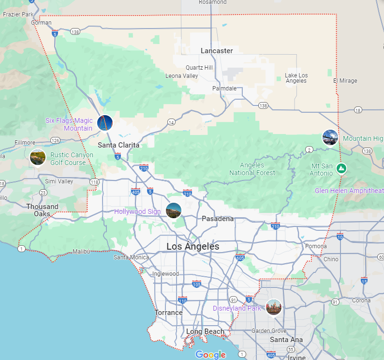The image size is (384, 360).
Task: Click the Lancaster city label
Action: [217, 51]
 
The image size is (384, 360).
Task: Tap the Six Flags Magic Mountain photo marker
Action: [104, 123]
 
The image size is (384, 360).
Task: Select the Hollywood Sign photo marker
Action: [173, 210]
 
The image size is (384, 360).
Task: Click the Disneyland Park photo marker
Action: [273, 307]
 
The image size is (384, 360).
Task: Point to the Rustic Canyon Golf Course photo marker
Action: [37, 157]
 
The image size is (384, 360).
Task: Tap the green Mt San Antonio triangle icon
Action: [341, 168]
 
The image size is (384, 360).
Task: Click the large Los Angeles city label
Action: [192, 246]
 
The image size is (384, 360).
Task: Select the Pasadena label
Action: [218, 219]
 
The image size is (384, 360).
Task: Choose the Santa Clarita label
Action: [118, 145]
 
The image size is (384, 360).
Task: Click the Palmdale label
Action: [225, 89]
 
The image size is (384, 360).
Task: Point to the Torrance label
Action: [168, 313]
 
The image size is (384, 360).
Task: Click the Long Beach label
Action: [206, 331]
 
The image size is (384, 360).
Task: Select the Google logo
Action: [211, 355]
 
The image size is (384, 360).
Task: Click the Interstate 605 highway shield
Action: [240, 257]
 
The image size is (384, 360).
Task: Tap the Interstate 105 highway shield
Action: [196, 284]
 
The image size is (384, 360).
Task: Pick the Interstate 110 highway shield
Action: [182, 300]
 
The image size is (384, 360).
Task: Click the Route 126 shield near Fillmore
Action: [55, 140]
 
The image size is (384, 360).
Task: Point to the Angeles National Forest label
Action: [252, 169]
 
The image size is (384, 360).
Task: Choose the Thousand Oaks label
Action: [42, 210]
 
